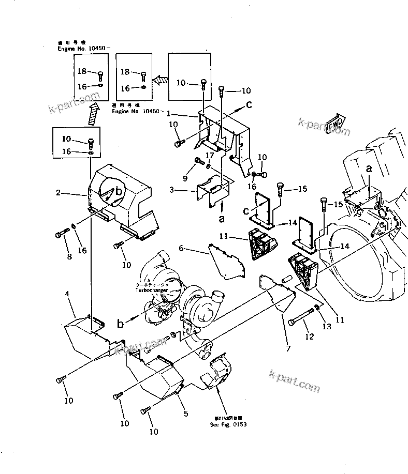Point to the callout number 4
tap(67, 294)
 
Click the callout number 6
tap(181, 249)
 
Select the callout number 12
tap(309, 338)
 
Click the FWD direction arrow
tap(337, 123)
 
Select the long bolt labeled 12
tap(301, 316)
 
